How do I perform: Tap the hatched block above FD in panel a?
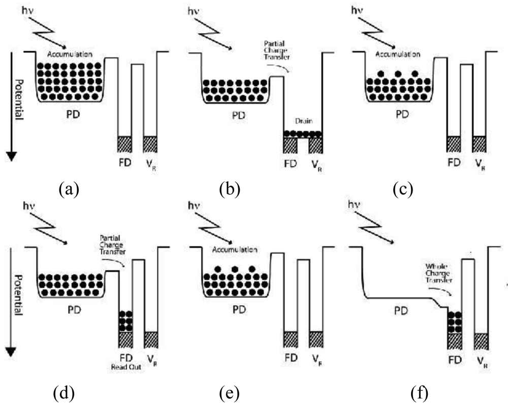(x=124, y=144)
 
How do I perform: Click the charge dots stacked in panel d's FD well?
(x=125, y=321)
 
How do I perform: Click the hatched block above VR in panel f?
(x=481, y=340)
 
